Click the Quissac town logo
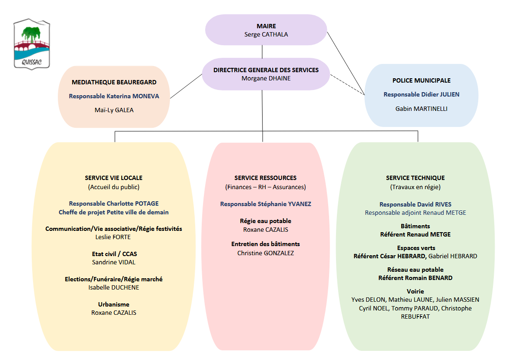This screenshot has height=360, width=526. (32, 44)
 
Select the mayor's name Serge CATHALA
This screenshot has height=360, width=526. (266, 34)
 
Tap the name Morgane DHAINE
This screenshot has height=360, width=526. (266, 78)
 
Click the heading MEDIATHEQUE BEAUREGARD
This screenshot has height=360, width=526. (114, 82)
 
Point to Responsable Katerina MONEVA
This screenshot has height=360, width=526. (114, 96)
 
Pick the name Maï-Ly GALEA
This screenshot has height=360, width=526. (114, 110)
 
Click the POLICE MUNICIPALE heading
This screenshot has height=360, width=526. (422, 80)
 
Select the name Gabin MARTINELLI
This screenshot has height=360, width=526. (421, 109)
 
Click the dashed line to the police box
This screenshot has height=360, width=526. (347, 85)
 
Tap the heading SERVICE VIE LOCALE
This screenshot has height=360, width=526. (113, 178)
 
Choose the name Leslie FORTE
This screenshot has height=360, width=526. (113, 237)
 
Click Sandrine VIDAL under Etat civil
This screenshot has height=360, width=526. (113, 262)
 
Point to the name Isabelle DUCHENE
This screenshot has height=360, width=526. (113, 287)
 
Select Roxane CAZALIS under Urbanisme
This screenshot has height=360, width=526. (113, 313)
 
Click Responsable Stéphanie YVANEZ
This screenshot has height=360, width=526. (266, 204)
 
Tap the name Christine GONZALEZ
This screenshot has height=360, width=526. (266, 253)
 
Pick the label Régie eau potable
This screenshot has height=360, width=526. (266, 221)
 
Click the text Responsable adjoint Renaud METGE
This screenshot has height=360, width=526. (416, 213)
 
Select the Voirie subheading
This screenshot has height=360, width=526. (416, 291)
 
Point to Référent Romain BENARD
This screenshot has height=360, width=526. (416, 278)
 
